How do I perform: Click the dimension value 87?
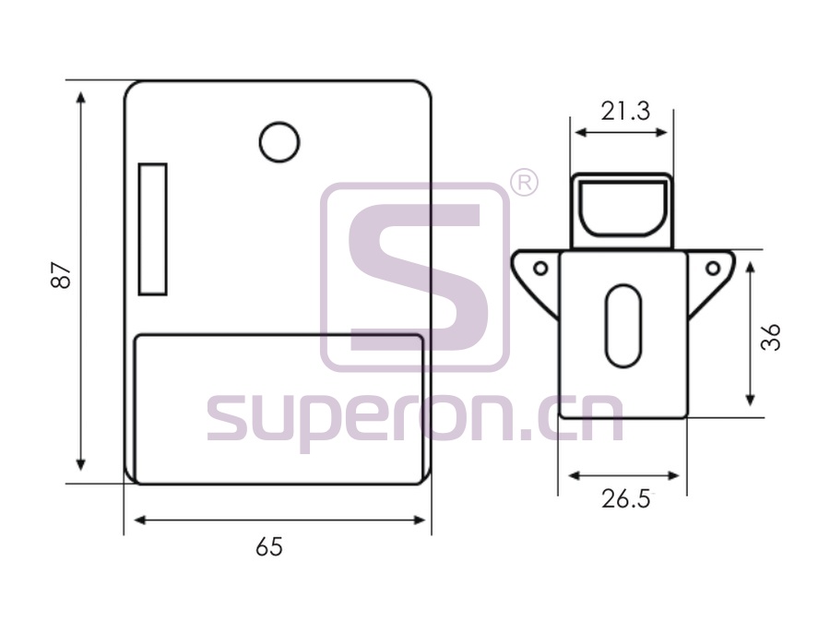click(x=61, y=275)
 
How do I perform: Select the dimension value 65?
click(x=269, y=546)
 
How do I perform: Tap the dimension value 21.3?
click(x=625, y=112)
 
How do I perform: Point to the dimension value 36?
click(x=771, y=337)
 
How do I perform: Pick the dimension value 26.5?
click(x=625, y=499)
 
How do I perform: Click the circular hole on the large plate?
click(x=279, y=142)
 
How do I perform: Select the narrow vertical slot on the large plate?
click(x=153, y=230)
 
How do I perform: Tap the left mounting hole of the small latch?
click(x=540, y=268)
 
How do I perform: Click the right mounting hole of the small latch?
click(x=713, y=268)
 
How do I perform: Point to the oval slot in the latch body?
click(x=623, y=326)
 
